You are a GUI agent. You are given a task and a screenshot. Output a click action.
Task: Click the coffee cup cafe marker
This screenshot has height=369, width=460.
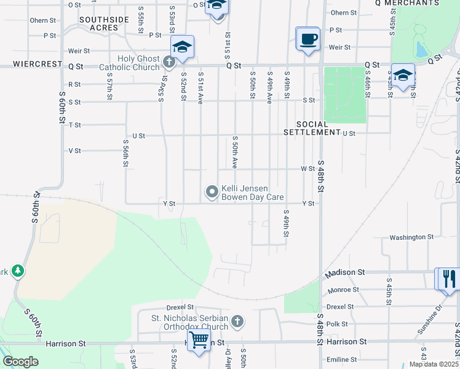click(308, 38)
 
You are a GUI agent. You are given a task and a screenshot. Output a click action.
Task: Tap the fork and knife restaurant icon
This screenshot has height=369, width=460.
click(448, 279)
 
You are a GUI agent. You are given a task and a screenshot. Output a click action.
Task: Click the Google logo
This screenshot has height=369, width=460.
click(20, 362)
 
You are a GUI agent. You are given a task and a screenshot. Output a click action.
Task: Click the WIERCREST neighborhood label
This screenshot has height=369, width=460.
click(38, 64)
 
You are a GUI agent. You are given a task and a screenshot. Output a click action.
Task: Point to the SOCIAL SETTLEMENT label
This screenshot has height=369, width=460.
click(312, 128)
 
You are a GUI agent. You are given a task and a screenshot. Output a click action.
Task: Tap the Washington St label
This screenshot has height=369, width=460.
click(411, 237)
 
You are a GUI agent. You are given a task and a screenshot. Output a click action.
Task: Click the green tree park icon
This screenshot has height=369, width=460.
click(18, 271)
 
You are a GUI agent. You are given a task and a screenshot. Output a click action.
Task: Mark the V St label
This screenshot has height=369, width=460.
click(75, 151)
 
